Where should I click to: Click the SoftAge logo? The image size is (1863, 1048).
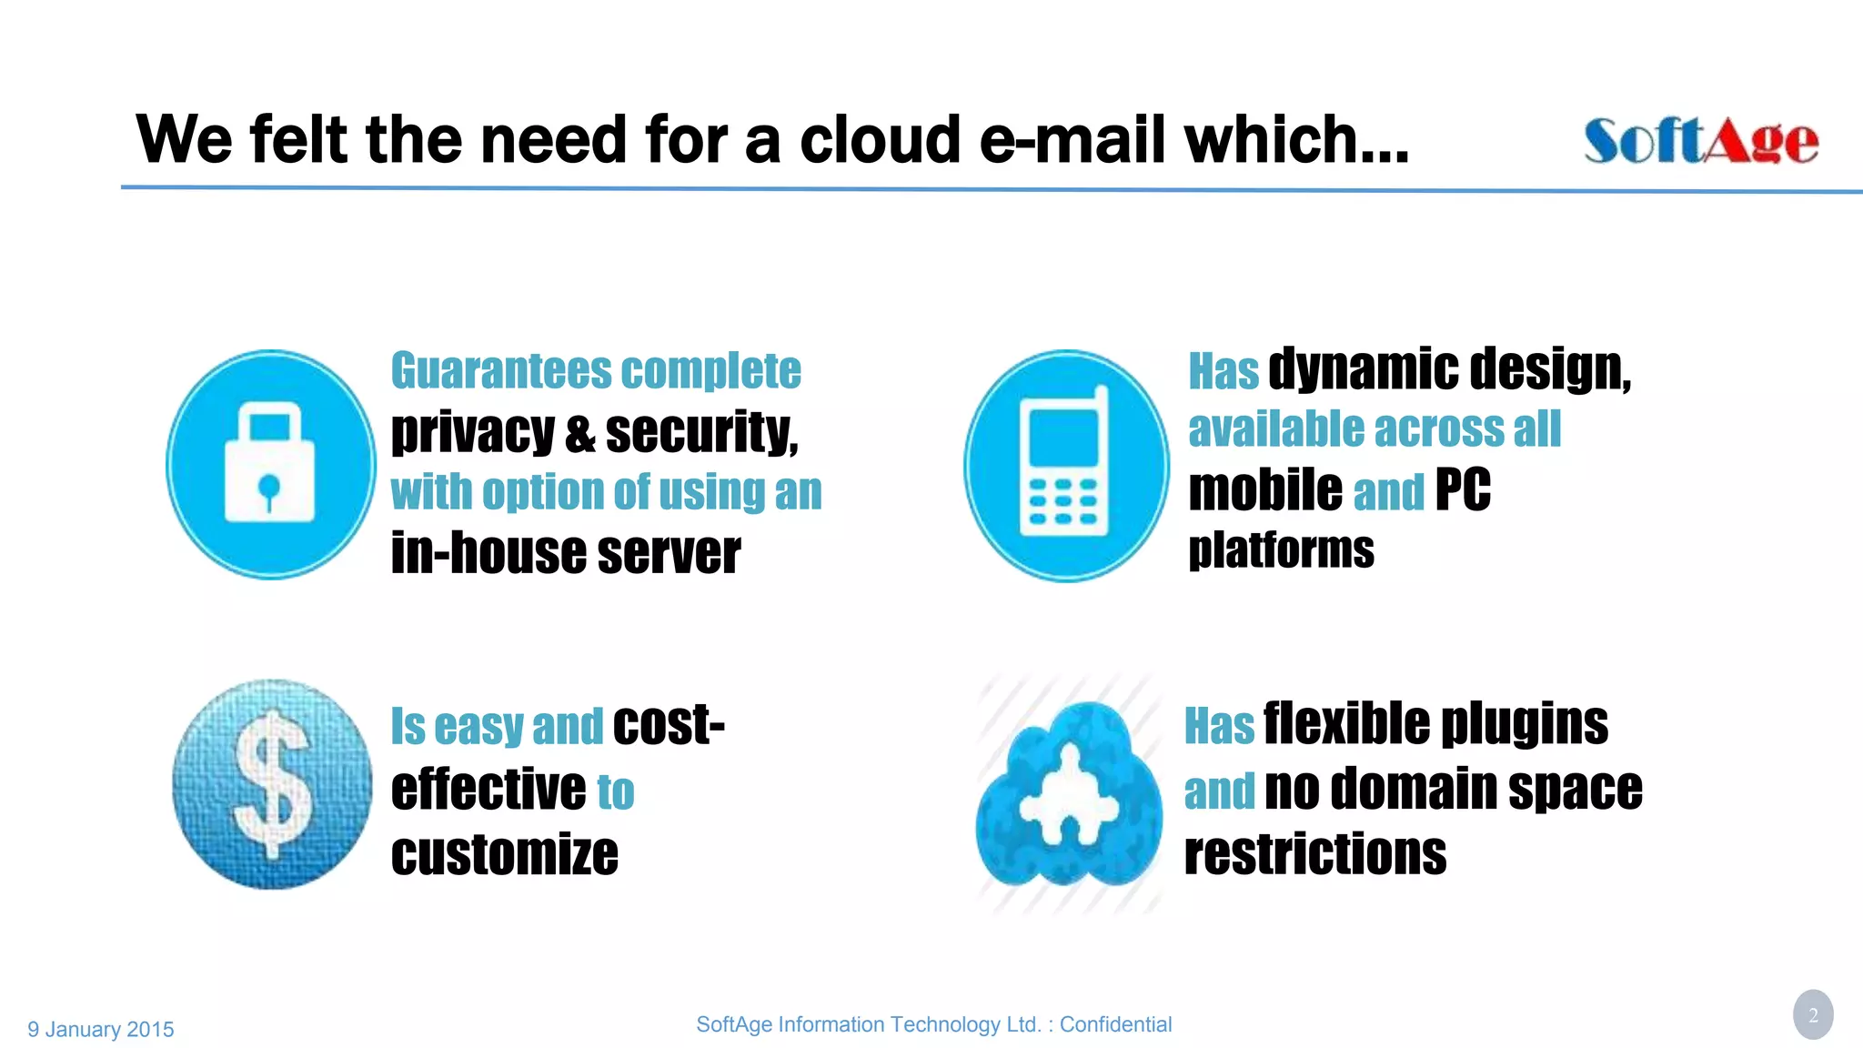[1700, 141]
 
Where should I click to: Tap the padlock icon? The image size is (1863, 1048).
[270, 464]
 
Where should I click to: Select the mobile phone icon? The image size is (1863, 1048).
[1066, 465]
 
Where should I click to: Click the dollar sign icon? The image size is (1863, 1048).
[272, 783]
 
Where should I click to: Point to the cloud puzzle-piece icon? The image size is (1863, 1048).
[1068, 794]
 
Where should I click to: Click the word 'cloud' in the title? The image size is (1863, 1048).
[880, 140]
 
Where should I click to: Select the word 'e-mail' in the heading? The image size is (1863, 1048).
[1073, 140]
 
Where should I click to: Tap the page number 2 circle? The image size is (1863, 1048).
[1812, 1014]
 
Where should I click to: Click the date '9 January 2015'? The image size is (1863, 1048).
[101, 1029]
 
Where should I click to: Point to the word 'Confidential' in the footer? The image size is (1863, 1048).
[1115, 1024]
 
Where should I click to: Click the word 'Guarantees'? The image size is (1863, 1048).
[501, 371]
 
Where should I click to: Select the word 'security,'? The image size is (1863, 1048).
[701, 432]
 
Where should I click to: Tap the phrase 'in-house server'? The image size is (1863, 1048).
[566, 553]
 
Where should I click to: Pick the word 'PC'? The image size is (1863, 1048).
[1463, 490]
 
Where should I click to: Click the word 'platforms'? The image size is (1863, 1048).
[1281, 550]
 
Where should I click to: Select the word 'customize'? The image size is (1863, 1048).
[505, 854]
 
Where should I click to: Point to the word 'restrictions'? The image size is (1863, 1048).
[1315, 854]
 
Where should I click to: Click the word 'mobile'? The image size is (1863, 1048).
[1264, 490]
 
